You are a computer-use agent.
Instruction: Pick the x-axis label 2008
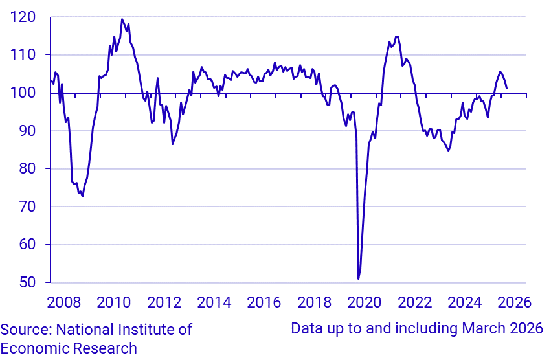pos(65,302)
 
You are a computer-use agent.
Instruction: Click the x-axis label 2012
pos(164,302)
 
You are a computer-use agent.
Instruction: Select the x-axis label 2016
pos(264,302)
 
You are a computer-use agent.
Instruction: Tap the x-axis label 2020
pos(365,302)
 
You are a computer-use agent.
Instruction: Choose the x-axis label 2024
pos(465,302)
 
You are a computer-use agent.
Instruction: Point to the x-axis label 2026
pos(515,302)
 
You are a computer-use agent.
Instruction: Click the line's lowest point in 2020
pos(358,279)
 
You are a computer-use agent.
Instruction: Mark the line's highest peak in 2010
pos(122,19)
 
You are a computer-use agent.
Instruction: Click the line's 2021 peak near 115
pos(397,36)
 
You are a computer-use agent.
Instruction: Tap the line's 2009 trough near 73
pos(82,196)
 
